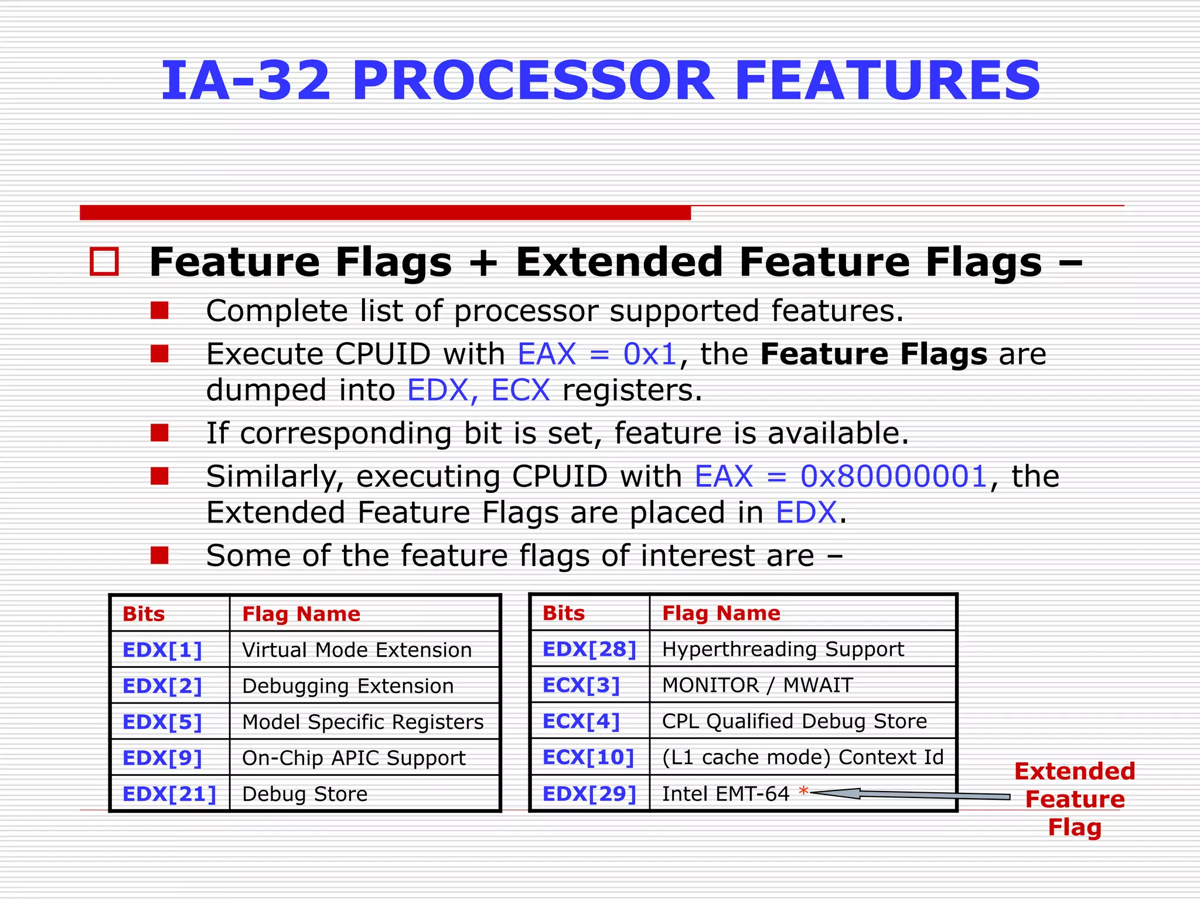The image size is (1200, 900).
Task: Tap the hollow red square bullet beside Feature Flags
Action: tap(104, 261)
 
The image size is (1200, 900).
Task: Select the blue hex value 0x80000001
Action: tap(894, 476)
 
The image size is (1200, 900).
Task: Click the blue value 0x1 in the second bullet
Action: tap(650, 354)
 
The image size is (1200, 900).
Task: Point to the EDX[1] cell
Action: tap(162, 650)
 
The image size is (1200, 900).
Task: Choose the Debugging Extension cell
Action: tap(347, 686)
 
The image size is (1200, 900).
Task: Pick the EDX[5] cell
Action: tap(162, 722)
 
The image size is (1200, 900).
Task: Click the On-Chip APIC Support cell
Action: tap(353, 758)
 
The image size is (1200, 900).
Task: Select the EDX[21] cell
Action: tap(169, 794)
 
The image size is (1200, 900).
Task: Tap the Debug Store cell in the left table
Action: tap(305, 794)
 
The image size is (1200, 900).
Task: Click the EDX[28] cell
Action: tap(589, 649)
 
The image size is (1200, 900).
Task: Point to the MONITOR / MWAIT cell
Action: tap(757, 685)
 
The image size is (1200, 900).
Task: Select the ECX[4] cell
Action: tap(581, 721)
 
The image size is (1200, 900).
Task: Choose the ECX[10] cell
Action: tap(588, 757)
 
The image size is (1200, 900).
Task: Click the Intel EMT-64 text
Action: tap(725, 793)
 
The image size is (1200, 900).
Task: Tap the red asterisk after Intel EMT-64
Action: tap(803, 792)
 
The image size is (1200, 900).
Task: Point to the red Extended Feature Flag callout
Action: tap(1075, 799)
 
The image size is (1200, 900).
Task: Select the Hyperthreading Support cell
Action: tap(783, 649)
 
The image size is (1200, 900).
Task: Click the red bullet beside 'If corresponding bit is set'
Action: tap(159, 433)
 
